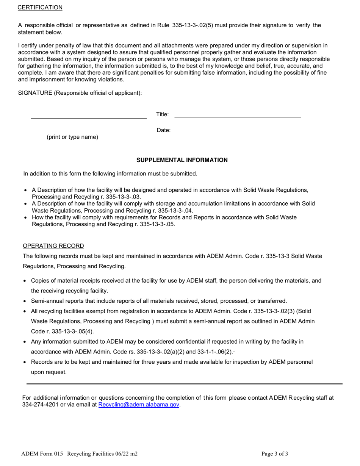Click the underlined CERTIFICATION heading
pos(40,8)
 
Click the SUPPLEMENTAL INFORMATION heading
pos(182,160)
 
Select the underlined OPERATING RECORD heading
pos(53,246)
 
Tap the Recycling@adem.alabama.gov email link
pos(139,405)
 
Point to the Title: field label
pos(163,114)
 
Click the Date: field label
pos(163,130)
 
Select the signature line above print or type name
pos(89,118)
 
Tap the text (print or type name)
pos(72,137)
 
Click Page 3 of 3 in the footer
pos(275,453)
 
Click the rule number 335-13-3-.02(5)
pos(193,25)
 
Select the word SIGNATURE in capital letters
pos(35,93)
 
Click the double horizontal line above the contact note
pos(184,385)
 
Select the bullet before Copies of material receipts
pos(25,281)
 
